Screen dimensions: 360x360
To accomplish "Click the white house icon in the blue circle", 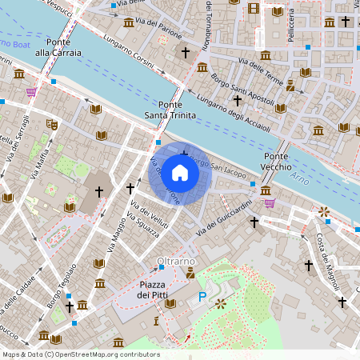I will [180, 173].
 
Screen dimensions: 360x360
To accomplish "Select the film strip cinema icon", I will [254, 9].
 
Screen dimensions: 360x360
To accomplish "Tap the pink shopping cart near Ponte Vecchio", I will [270, 202].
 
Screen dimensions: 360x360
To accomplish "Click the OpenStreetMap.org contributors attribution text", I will [103, 354].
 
